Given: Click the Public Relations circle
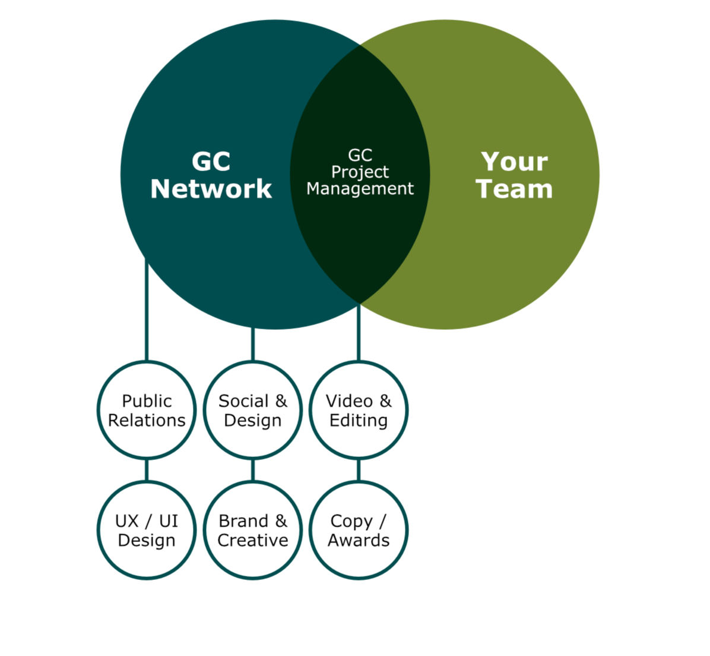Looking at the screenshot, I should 147,410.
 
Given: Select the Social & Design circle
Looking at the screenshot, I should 253,410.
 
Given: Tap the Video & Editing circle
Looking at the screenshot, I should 359,410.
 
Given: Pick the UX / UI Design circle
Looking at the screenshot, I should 147,530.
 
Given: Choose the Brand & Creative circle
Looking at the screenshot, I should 253,530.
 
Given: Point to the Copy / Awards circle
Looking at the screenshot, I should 359,530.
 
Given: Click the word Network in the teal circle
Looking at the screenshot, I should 211,189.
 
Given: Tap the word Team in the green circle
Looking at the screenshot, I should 514,189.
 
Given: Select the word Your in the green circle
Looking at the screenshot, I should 514,162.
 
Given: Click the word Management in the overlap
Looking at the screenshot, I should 360,189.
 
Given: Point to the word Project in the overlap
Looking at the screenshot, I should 360,172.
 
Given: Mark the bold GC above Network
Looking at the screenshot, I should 211,162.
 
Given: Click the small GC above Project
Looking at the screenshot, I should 360,155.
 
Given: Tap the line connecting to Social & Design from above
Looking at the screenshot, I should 253,345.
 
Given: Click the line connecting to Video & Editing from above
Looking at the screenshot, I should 359,333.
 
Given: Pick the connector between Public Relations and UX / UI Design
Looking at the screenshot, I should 147,470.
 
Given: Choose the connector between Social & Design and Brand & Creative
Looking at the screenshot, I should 253,470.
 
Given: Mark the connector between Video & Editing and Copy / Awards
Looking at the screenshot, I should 359,470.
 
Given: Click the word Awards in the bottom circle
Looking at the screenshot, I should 359,540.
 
